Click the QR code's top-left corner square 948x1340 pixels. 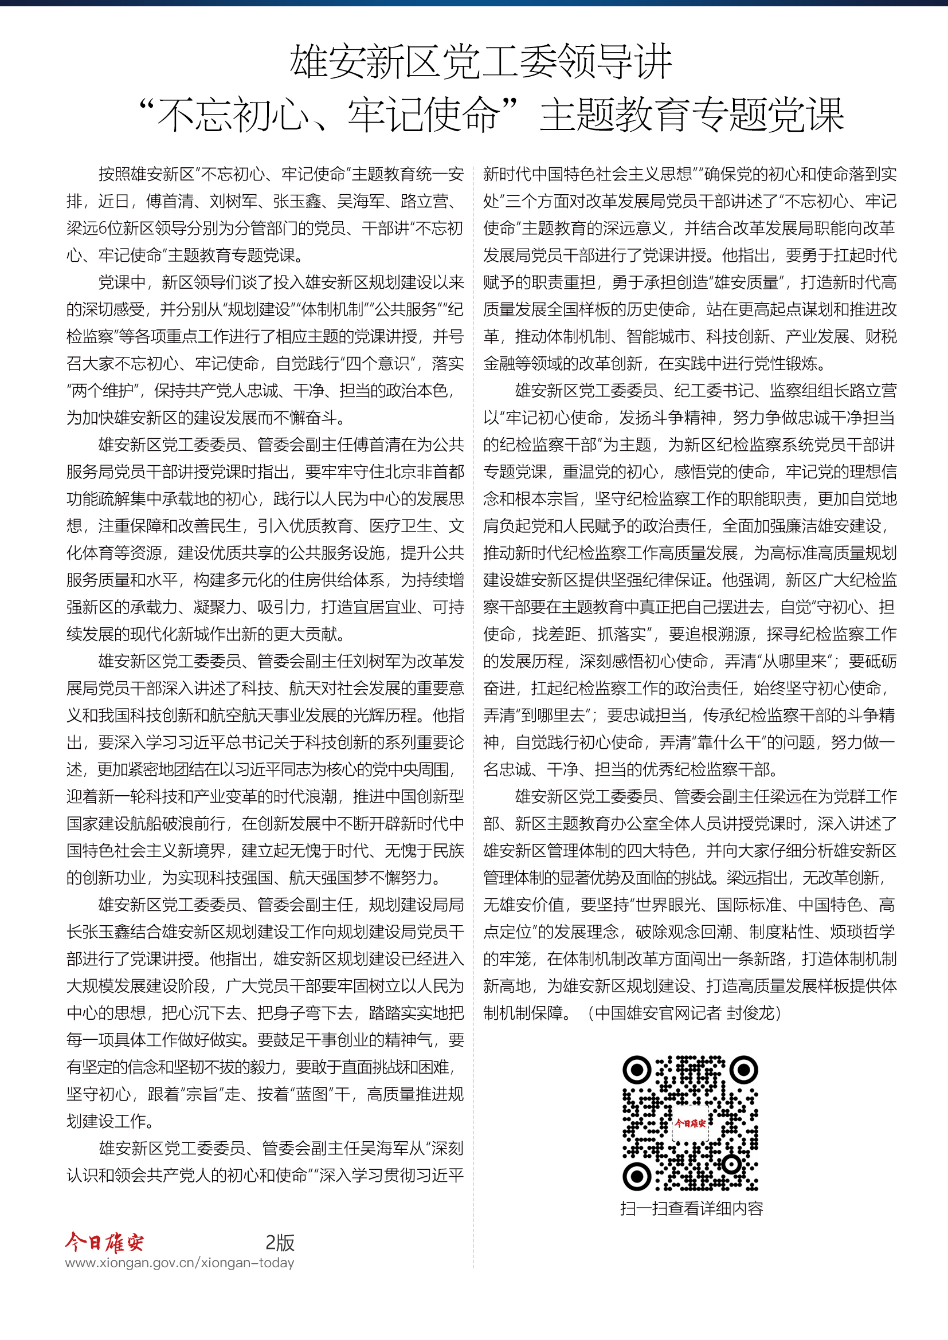pos(637,1070)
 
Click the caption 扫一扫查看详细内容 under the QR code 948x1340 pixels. pos(691,1208)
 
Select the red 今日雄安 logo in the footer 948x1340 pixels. pos(104,1243)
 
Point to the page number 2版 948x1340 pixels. pos(280,1243)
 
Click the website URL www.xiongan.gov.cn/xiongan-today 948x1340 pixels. pos(180,1263)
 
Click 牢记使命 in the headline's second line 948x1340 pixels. pos(424,115)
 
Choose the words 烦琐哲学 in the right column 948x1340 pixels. pos(862,932)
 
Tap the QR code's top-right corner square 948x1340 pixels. pos(744,1070)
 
